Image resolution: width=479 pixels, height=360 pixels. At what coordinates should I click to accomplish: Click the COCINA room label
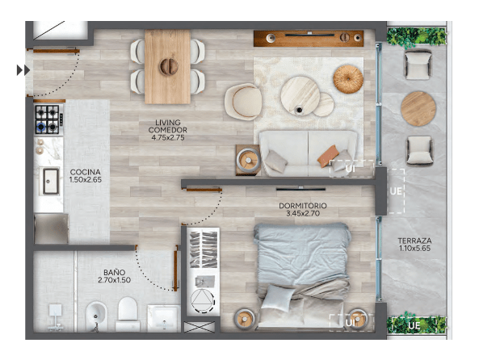[x=86, y=172]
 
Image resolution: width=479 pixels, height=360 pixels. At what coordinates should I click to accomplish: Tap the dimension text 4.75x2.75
[x=168, y=138]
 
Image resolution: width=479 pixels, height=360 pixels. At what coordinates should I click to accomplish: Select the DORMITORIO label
[x=303, y=206]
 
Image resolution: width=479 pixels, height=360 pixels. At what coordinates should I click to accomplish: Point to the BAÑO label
[x=114, y=272]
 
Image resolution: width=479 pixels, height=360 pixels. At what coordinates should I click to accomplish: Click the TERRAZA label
[x=414, y=241]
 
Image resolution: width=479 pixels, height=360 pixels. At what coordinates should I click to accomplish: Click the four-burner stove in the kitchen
[x=48, y=119]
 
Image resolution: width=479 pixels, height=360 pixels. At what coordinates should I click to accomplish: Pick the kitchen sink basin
[x=51, y=182]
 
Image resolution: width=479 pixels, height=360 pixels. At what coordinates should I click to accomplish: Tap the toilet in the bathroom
[x=128, y=314]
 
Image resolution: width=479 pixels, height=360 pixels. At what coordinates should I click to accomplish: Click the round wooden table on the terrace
[x=418, y=109]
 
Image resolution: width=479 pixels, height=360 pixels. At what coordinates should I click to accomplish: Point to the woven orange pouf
[x=348, y=79]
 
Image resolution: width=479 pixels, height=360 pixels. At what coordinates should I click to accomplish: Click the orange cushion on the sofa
[x=329, y=156]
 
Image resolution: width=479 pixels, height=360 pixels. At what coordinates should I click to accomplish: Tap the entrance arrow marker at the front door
[x=23, y=70]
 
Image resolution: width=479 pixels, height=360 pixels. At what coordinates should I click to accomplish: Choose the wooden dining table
[x=168, y=66]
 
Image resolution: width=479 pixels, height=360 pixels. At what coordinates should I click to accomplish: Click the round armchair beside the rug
[x=243, y=101]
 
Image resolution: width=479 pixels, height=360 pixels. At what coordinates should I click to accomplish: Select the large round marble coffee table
[x=300, y=95]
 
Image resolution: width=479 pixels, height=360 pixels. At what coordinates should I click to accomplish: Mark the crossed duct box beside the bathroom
[x=200, y=327]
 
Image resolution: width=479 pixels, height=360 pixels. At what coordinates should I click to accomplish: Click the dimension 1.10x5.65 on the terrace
[x=414, y=249]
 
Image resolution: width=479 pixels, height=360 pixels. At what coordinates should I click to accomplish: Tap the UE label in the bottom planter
[x=414, y=326]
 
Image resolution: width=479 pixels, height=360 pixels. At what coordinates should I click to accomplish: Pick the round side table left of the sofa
[x=248, y=160]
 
